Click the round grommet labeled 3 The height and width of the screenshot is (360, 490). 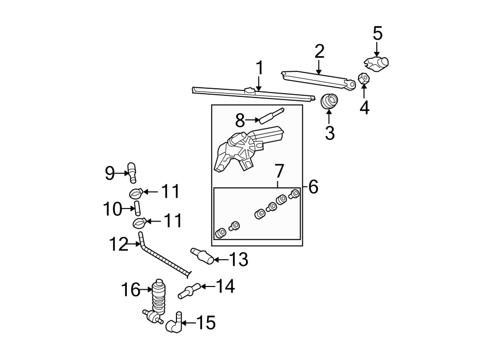click(x=329, y=101)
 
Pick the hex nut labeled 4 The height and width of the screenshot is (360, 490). click(x=363, y=79)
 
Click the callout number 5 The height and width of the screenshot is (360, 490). click(x=377, y=33)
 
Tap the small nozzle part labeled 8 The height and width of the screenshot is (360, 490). click(x=271, y=115)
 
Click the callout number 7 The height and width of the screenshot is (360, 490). click(x=279, y=171)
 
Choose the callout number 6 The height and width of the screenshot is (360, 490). click(x=313, y=187)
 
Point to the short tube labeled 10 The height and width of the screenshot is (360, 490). click(x=137, y=208)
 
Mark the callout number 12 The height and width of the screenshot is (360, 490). click(x=119, y=244)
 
